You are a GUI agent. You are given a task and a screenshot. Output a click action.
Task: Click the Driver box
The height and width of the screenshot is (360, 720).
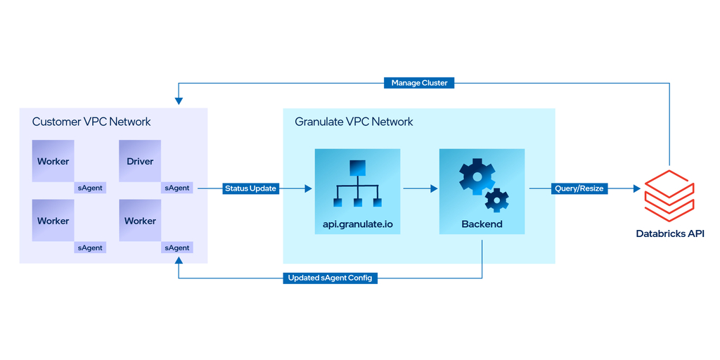point(140,161)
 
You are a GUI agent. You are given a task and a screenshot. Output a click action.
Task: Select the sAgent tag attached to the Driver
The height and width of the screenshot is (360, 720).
point(177,188)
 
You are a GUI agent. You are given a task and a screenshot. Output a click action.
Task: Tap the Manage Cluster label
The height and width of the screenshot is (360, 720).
point(420,83)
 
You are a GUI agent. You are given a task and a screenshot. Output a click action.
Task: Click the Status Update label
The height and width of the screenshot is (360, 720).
point(250,188)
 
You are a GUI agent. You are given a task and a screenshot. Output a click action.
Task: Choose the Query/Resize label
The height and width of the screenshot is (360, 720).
point(579,188)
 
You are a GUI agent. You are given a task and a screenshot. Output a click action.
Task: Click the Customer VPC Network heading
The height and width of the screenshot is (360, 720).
point(91,122)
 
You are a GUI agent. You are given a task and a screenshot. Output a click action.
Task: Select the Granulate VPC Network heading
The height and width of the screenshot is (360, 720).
point(354,122)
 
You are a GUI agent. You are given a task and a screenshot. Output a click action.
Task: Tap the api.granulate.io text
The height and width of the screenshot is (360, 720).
point(357,224)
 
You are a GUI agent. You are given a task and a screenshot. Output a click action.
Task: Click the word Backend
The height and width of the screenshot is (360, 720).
point(482,224)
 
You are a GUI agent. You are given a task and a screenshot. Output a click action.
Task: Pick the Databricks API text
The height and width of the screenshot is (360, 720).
point(669,233)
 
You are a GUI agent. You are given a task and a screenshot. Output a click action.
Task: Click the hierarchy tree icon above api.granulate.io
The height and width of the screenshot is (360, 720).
point(357,184)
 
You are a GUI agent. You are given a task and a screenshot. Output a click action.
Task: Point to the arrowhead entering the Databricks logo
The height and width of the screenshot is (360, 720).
point(637,188)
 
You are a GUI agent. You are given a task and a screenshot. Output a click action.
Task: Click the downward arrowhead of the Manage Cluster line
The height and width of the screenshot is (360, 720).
point(179,103)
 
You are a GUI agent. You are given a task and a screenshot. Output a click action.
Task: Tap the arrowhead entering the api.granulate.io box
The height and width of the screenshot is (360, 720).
point(309,188)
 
